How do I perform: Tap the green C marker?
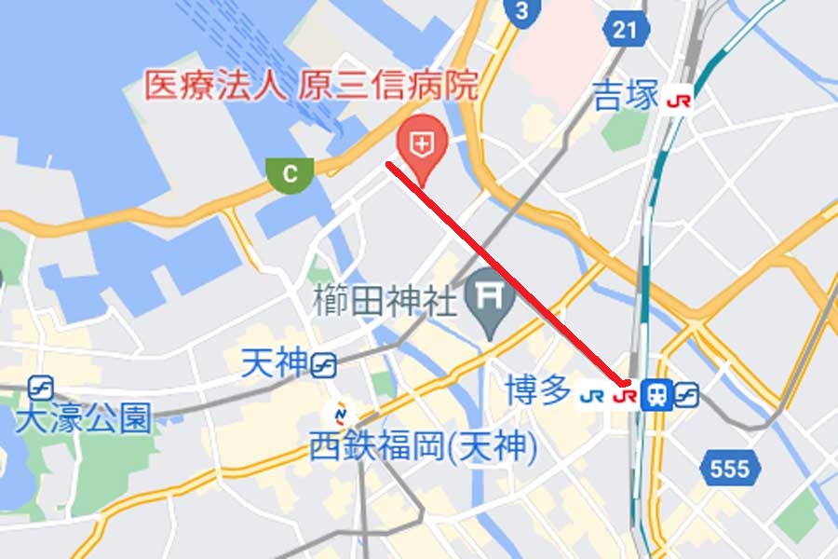coord(291,172)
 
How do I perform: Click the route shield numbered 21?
coord(626,29)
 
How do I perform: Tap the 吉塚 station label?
coord(626,96)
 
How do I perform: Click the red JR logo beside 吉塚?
coord(679,100)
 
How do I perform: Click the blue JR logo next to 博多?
coord(591,395)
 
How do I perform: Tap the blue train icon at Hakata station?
coord(656,395)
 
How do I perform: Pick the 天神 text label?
coord(273,362)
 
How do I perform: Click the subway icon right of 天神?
coord(324,366)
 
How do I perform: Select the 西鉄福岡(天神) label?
coord(423,449)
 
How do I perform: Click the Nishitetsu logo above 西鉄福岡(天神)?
coord(341,413)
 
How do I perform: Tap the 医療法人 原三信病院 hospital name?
coord(310,86)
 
